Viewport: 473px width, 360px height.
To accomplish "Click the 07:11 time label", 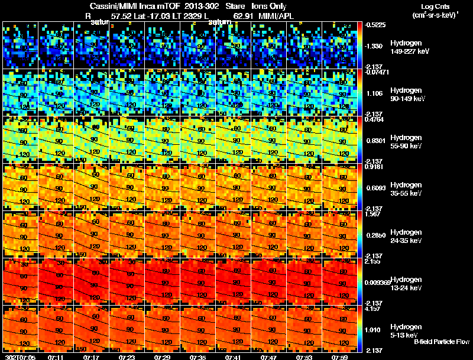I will [x=56, y=357].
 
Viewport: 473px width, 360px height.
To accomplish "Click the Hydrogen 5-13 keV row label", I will [x=406, y=330].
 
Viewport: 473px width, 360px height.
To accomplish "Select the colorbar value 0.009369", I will [x=378, y=283].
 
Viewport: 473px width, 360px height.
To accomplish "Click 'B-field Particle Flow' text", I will [x=442, y=342].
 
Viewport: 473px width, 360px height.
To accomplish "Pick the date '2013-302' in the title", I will [x=192, y=6].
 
